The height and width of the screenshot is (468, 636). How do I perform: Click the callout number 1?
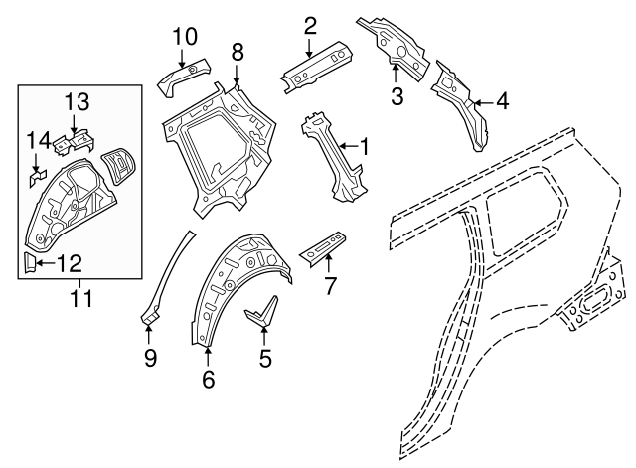click(x=364, y=149)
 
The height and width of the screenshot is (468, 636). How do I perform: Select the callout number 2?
click(x=310, y=26)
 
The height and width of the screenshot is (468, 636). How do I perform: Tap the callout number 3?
click(x=396, y=96)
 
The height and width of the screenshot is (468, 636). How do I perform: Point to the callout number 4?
click(x=502, y=99)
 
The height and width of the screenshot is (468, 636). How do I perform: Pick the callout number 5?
click(x=265, y=359)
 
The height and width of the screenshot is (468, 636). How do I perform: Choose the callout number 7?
click(x=331, y=288)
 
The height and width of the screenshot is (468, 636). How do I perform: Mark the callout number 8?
click(x=237, y=50)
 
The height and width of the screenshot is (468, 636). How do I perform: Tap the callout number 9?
click(x=151, y=358)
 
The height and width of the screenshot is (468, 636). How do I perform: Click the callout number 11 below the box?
click(x=80, y=296)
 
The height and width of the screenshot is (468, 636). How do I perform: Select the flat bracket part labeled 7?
click(x=323, y=249)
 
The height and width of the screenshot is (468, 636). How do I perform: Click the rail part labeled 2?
click(x=316, y=65)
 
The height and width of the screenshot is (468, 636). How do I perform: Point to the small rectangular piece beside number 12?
click(x=30, y=262)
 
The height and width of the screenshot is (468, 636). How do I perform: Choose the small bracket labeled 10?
click(x=184, y=76)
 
